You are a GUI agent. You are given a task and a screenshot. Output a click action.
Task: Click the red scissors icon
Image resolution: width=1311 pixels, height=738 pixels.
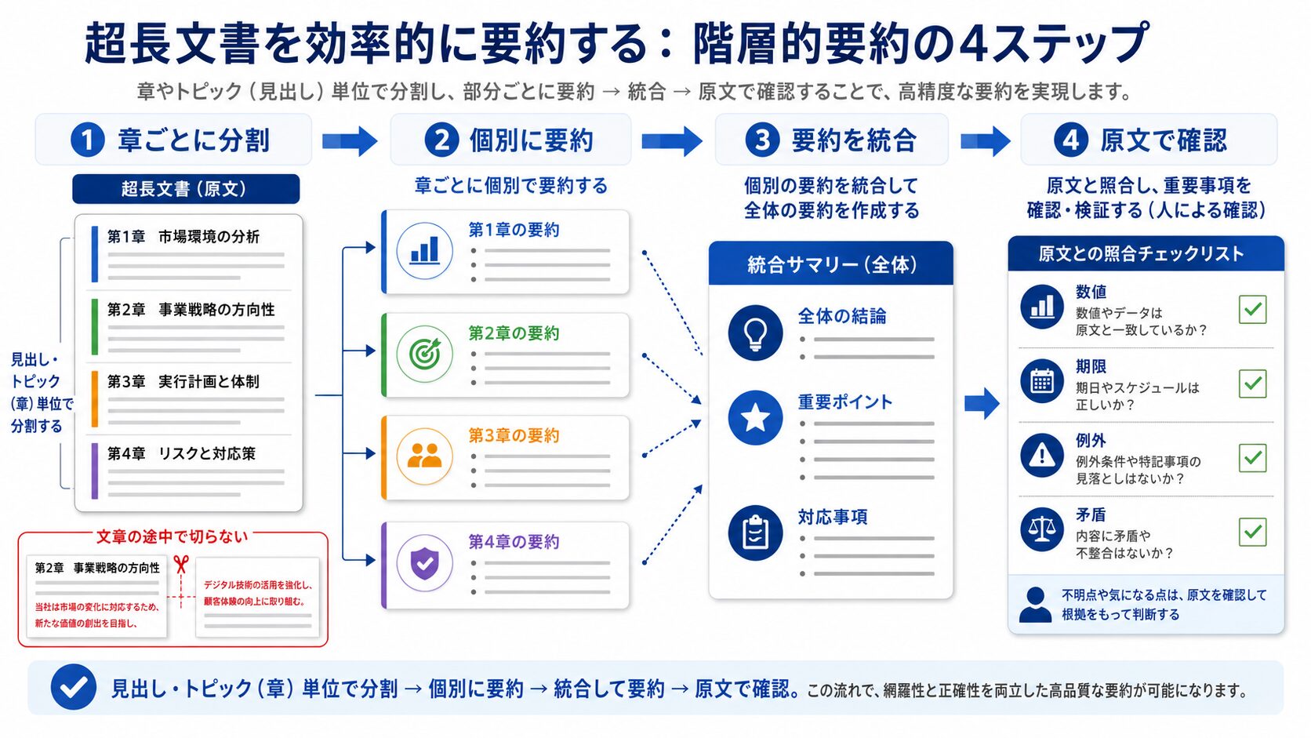pos(181,564)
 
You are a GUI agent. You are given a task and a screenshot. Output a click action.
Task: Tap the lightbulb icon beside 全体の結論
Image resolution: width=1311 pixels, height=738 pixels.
pos(755,333)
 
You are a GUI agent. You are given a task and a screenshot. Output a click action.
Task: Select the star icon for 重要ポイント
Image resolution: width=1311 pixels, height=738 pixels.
pos(755,418)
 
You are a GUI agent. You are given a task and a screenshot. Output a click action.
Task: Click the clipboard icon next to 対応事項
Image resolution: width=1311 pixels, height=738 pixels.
pos(755,533)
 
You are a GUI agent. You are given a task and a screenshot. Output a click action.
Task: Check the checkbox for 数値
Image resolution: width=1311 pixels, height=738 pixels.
pos(1252,310)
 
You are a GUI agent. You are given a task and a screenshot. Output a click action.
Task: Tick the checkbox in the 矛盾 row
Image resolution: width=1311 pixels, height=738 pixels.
pos(1252,532)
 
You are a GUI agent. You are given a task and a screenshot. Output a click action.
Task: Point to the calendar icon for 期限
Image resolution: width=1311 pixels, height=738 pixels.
pos(1042,382)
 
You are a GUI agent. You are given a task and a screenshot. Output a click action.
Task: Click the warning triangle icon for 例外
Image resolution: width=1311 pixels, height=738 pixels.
pos(1042,456)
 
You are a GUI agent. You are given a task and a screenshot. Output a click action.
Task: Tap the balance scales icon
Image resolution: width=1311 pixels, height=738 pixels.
pos(1042,529)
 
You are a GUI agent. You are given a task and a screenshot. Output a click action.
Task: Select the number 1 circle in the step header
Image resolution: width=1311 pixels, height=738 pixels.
pos(88,140)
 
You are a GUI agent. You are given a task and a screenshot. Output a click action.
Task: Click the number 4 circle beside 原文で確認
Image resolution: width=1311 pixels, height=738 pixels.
pos(1070,140)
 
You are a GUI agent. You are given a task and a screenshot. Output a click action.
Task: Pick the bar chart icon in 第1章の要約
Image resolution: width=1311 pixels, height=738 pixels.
pos(424,250)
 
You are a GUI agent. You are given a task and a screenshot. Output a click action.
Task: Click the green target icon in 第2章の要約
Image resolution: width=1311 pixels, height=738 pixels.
pos(424,354)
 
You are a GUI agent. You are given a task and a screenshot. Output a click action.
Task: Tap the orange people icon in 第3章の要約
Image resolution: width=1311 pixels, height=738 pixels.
pos(424,456)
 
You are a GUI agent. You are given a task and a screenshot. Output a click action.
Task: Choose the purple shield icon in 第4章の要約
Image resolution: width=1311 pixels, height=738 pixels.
pos(424,563)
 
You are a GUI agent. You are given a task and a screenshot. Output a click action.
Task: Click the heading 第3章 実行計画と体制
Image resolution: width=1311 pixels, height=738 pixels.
pos(183,382)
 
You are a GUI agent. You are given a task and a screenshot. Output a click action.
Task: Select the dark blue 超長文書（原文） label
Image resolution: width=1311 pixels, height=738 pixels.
pos(186,188)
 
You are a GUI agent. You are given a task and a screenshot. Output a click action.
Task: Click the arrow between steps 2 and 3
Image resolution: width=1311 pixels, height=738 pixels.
pos(672,141)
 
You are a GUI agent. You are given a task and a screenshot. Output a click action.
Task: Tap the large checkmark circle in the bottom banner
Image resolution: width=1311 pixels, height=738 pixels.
pos(74,687)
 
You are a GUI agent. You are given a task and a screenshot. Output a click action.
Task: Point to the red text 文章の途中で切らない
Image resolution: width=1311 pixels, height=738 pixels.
pos(172,536)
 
